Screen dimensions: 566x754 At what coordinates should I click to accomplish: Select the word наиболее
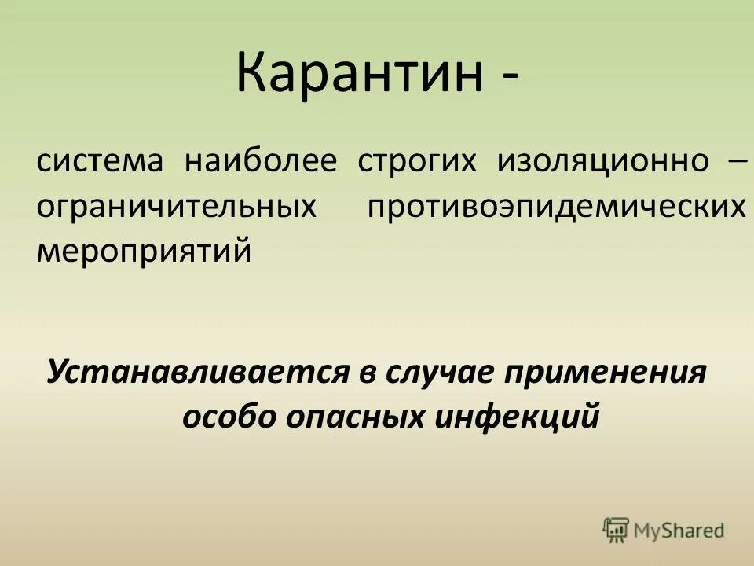(261, 162)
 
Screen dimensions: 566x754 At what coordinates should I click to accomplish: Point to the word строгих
(417, 163)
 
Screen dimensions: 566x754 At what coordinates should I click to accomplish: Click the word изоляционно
(602, 163)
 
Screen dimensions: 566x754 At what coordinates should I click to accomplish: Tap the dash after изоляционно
(737, 162)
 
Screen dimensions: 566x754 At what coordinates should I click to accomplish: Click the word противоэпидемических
(555, 208)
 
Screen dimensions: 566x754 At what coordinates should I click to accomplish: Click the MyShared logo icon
(616, 531)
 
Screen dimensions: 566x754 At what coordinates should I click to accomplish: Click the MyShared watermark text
(680, 531)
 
